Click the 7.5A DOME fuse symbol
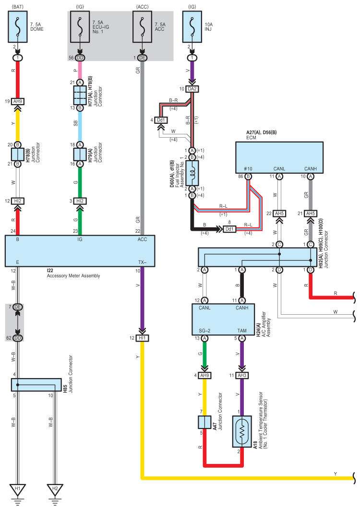(x=18, y=27)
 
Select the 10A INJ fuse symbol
(x=192, y=27)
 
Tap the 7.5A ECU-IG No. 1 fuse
(x=80, y=27)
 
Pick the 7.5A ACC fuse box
(x=142, y=27)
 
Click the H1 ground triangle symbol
(x=18, y=489)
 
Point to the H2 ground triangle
(x=55, y=489)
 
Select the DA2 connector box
(x=192, y=89)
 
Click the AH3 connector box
(x=242, y=375)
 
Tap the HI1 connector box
(x=142, y=338)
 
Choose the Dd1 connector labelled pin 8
(x=229, y=229)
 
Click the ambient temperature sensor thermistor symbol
(x=242, y=432)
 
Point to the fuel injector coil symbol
(x=192, y=173)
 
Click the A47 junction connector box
(x=204, y=422)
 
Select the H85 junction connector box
(x=36, y=385)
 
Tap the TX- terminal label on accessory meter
(x=142, y=262)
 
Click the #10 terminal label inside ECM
(x=248, y=168)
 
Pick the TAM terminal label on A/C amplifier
(x=242, y=331)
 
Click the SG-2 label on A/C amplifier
(x=204, y=331)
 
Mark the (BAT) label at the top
(x=18, y=7)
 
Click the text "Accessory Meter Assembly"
(x=73, y=276)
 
